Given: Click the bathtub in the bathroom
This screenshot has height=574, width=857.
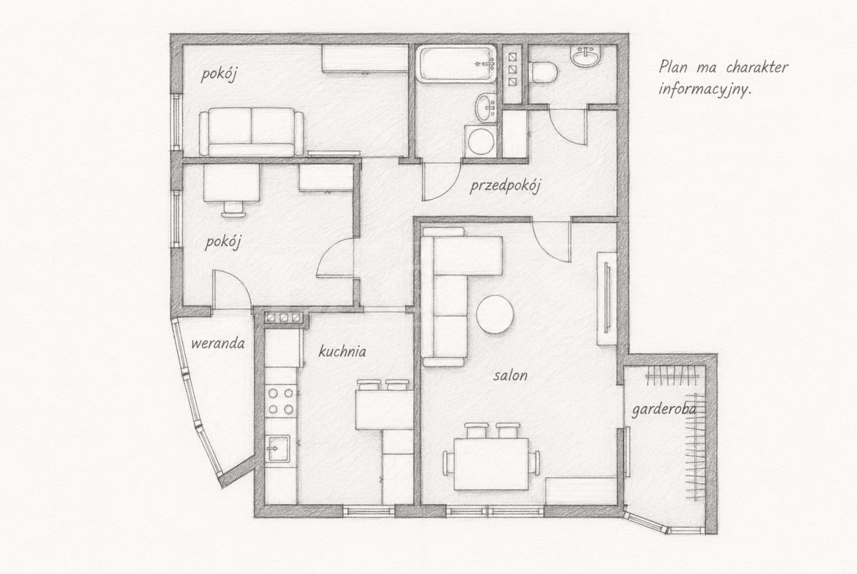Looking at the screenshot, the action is [x=458, y=64].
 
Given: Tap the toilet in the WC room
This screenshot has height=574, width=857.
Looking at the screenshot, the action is [x=543, y=72].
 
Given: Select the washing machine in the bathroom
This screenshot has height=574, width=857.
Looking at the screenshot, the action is [x=481, y=141].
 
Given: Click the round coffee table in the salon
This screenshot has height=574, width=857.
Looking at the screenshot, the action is [x=495, y=314].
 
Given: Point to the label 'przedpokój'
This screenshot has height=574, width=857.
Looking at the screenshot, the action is [x=505, y=187].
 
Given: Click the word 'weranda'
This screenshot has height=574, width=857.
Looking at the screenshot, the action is [x=218, y=343].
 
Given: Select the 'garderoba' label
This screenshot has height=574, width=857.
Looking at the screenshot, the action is [x=663, y=410].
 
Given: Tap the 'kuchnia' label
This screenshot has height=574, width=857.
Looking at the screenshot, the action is [x=342, y=351].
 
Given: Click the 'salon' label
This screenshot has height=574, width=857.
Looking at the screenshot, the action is [x=511, y=375].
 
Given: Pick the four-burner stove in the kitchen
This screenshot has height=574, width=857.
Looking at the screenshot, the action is [x=281, y=401].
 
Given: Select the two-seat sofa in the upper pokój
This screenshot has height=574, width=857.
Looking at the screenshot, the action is [x=251, y=132].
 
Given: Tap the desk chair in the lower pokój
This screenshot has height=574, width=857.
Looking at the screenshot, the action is [x=234, y=208].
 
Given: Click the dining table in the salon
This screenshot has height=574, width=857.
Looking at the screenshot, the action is [x=491, y=464].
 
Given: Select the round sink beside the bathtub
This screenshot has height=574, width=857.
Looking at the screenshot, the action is [x=486, y=107].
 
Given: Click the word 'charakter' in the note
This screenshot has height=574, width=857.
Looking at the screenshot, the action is [x=758, y=67].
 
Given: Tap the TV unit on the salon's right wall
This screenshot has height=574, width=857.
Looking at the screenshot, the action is [x=607, y=298].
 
